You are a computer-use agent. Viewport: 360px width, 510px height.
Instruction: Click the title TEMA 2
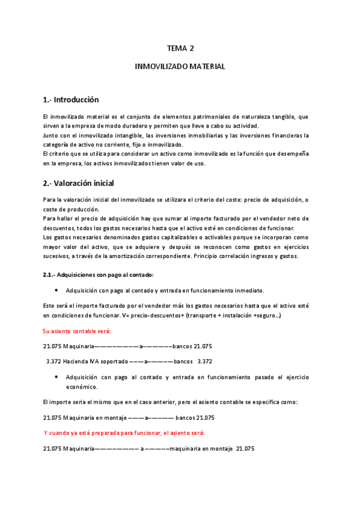coord(180,49)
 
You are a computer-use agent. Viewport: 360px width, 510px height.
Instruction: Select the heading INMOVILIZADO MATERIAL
coord(180,67)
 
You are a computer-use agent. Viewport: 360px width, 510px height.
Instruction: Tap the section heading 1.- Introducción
coord(71,100)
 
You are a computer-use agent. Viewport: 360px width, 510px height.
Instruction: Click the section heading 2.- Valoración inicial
coord(78,183)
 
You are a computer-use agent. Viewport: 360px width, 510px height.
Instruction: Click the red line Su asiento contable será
coord(76,331)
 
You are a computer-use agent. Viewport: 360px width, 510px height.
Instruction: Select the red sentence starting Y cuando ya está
coord(124,433)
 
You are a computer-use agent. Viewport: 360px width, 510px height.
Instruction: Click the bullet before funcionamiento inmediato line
coord(56,290)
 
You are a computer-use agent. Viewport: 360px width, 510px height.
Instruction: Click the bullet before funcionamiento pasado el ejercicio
coord(56,378)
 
